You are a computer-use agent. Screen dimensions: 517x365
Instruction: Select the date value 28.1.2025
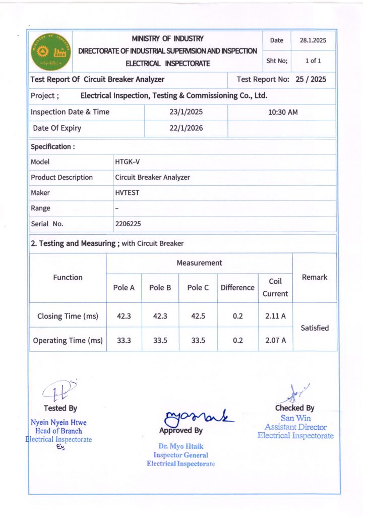click(x=314, y=40)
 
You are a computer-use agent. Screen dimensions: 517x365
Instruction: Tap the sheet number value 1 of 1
click(x=313, y=61)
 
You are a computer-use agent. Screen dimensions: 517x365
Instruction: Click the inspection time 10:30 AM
click(x=282, y=112)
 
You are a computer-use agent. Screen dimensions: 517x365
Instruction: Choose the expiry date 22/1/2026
click(x=186, y=128)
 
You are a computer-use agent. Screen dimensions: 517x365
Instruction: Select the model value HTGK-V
click(x=128, y=162)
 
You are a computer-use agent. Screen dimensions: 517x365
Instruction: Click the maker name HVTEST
click(x=128, y=193)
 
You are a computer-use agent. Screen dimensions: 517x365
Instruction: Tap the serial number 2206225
click(x=128, y=224)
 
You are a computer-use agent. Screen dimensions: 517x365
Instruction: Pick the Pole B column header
click(x=160, y=288)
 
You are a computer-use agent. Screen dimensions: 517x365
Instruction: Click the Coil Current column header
click(x=275, y=287)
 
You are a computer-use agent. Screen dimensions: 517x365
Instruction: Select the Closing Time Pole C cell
click(x=198, y=316)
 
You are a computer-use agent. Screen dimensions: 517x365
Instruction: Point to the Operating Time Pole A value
click(x=124, y=340)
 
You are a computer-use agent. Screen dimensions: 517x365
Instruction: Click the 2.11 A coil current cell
click(x=275, y=316)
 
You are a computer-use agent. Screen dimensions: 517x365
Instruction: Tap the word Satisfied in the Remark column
click(x=315, y=328)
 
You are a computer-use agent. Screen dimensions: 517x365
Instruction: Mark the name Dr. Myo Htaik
click(x=180, y=446)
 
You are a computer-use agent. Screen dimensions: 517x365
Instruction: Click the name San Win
click(x=295, y=418)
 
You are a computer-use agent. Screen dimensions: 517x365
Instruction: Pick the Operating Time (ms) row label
click(x=68, y=340)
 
